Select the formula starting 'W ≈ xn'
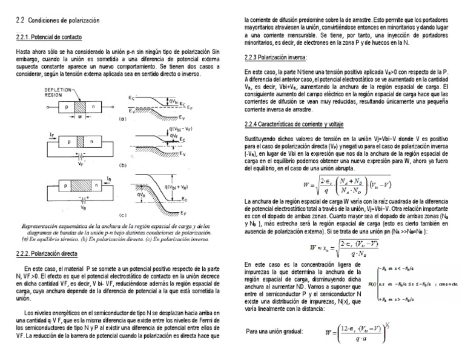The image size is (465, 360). coord(343,248)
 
